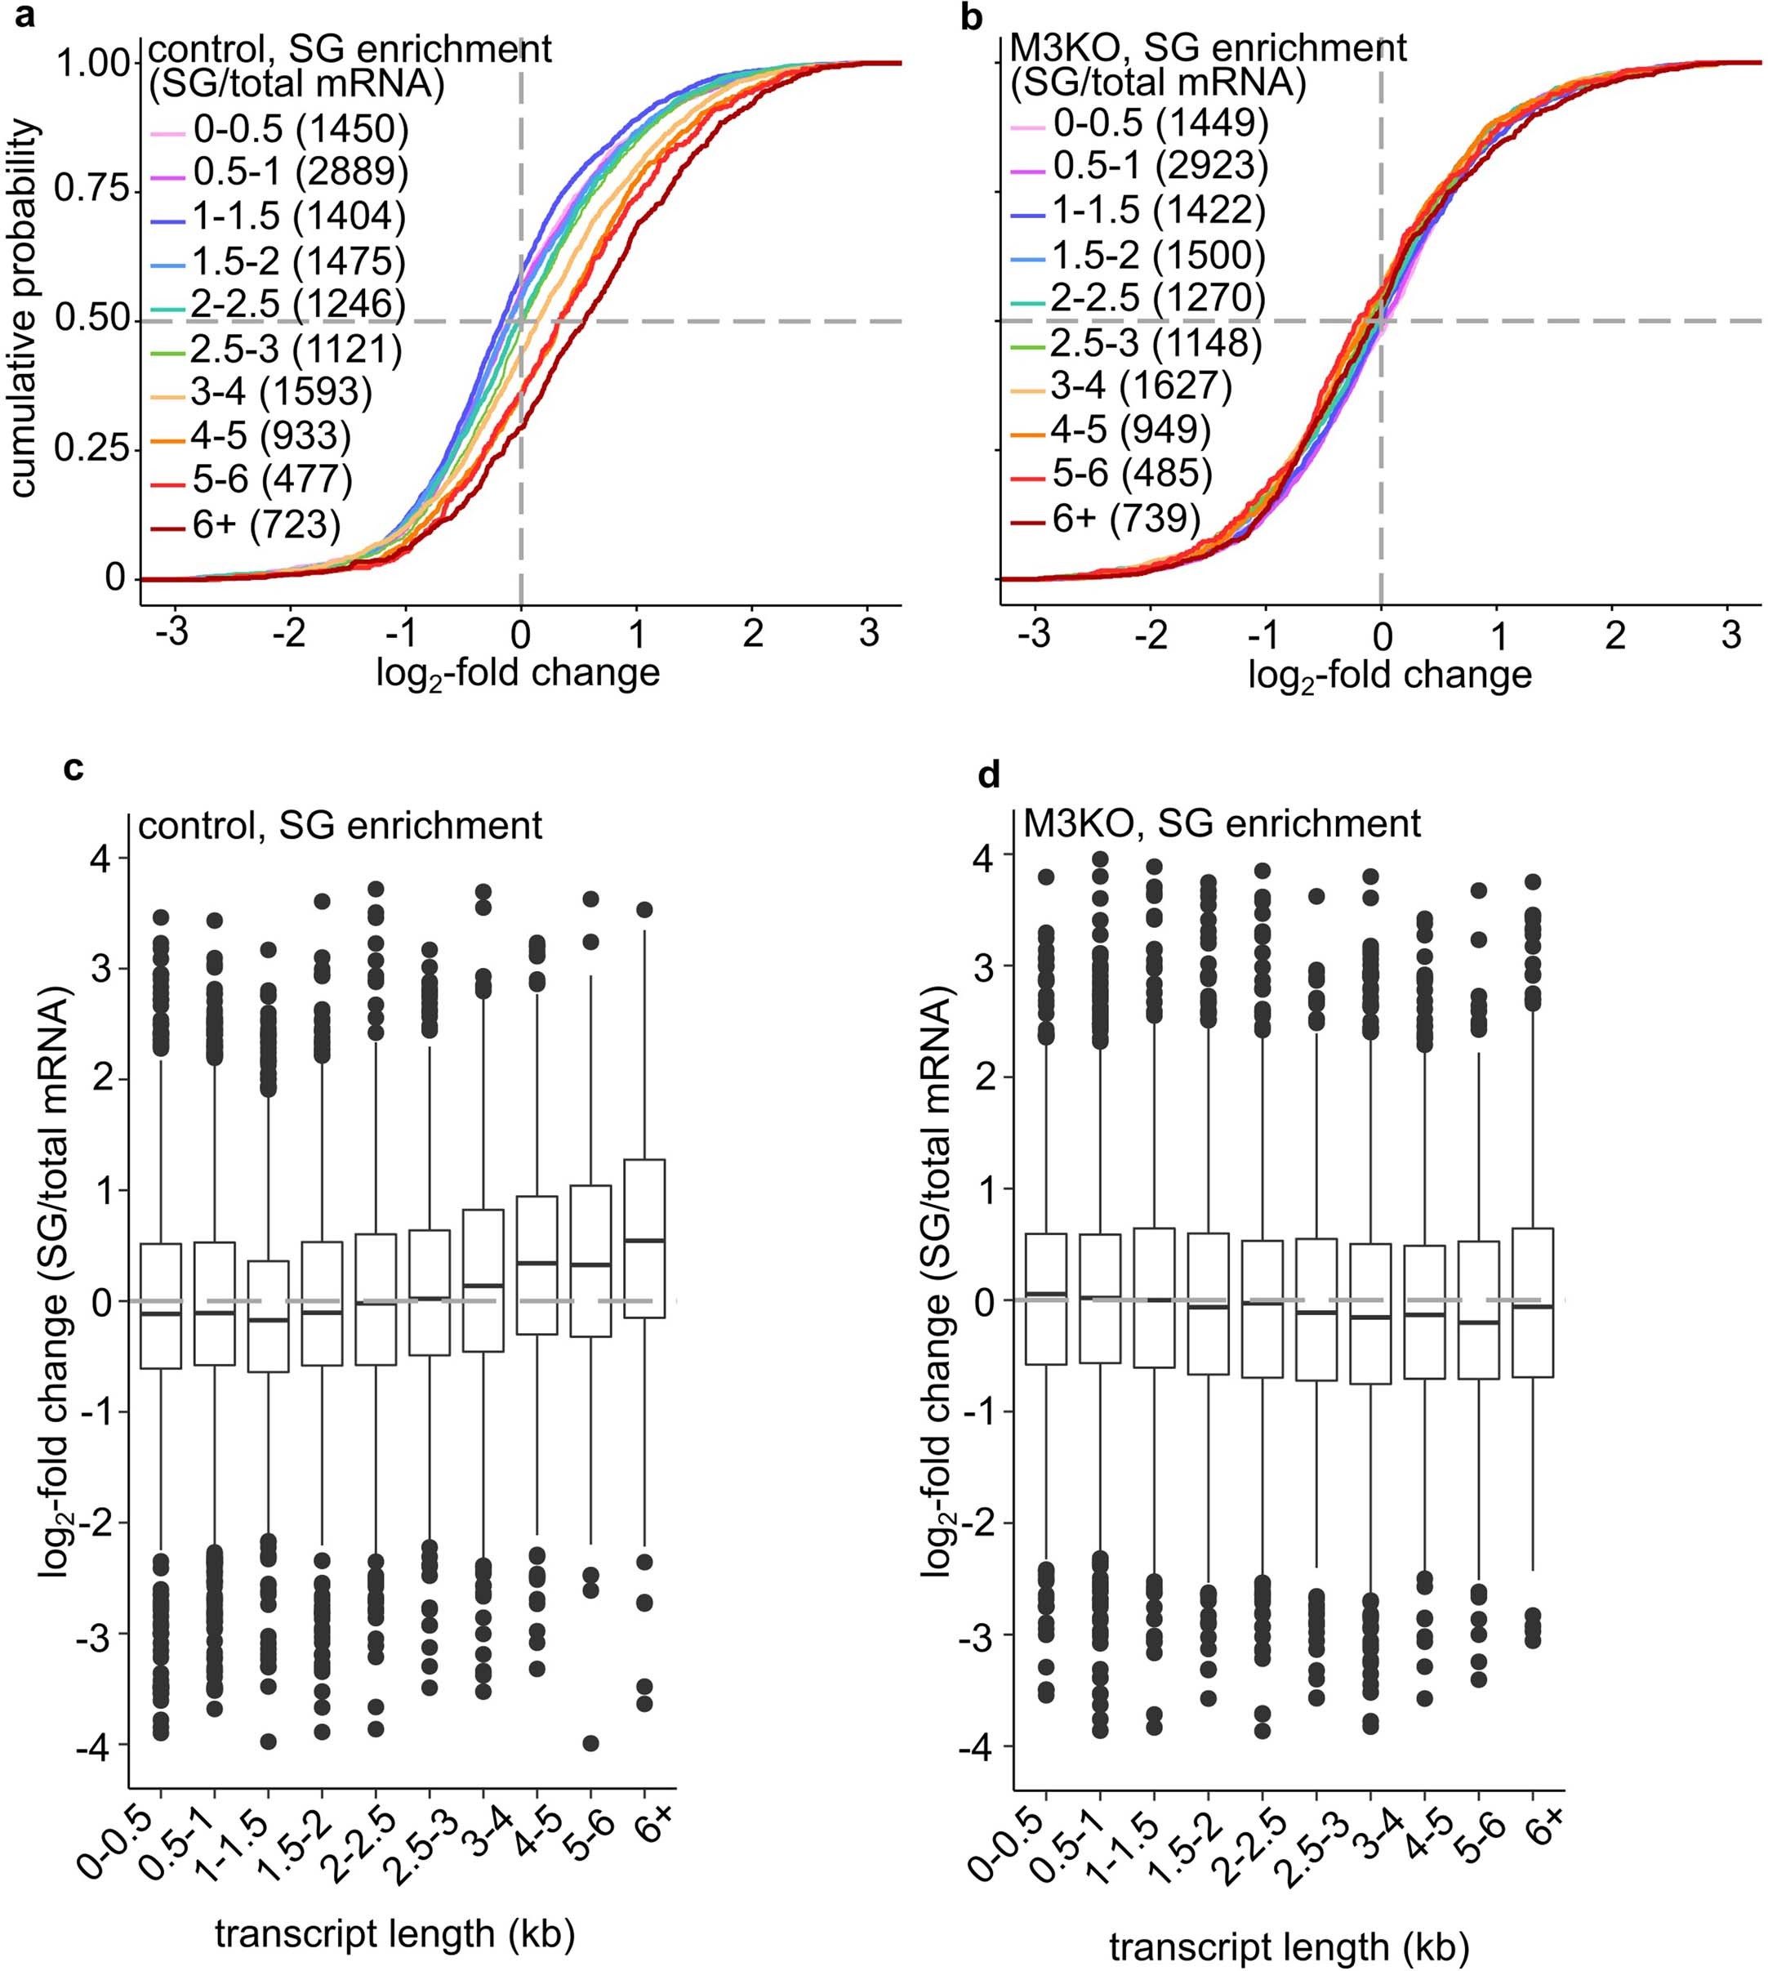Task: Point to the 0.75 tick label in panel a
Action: (x=92, y=188)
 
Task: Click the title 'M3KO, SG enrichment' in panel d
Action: (x=1222, y=823)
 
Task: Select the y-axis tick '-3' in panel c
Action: (x=100, y=1634)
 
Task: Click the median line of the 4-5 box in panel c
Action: (x=537, y=1263)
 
